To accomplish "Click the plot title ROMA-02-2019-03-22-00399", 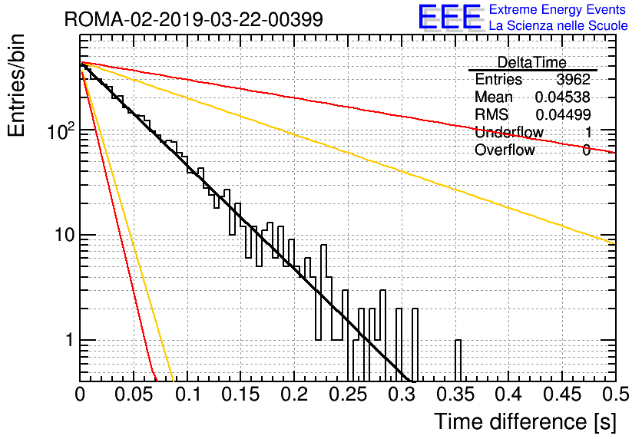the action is point(194,19).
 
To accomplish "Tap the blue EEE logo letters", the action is point(449,17).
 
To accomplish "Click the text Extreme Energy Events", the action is point(558,9).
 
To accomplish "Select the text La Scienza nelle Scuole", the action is point(558,26).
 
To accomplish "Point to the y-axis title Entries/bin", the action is point(16,85).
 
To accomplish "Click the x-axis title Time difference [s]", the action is point(525,421).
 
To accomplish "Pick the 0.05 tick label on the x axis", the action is point(134,394).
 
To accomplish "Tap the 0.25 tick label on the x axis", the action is point(349,394).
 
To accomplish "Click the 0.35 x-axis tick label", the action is point(455,394).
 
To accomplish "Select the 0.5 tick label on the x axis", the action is point(616,394).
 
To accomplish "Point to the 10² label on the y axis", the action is point(61,130).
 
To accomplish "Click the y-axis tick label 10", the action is point(65,235).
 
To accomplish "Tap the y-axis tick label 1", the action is point(70,340).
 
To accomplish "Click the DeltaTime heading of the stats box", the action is point(532,62).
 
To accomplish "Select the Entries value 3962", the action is point(573,79).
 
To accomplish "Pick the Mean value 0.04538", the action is point(563,97).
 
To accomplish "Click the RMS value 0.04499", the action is point(563,114).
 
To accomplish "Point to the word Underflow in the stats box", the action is point(509,132).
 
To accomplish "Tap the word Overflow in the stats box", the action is point(505,150).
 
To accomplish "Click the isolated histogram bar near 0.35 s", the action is point(458,361).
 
